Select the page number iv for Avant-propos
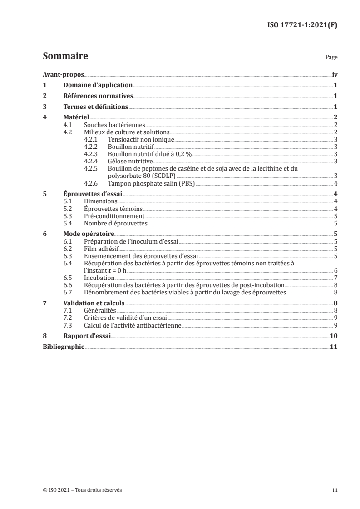pyautogui.click(x=334, y=74)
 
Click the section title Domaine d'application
pyautogui.click(x=98, y=85)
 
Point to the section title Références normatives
pyautogui.click(x=98, y=96)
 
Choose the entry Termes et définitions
pyautogui.click(x=96, y=107)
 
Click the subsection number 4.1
pyautogui.click(x=68, y=125)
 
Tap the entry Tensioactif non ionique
pyautogui.click(x=141, y=139)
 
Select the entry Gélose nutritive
pyautogui.click(x=130, y=161)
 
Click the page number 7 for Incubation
pyautogui.click(x=335, y=277)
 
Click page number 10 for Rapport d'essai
pyautogui.click(x=333, y=336)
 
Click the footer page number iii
pyautogui.click(x=335, y=490)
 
